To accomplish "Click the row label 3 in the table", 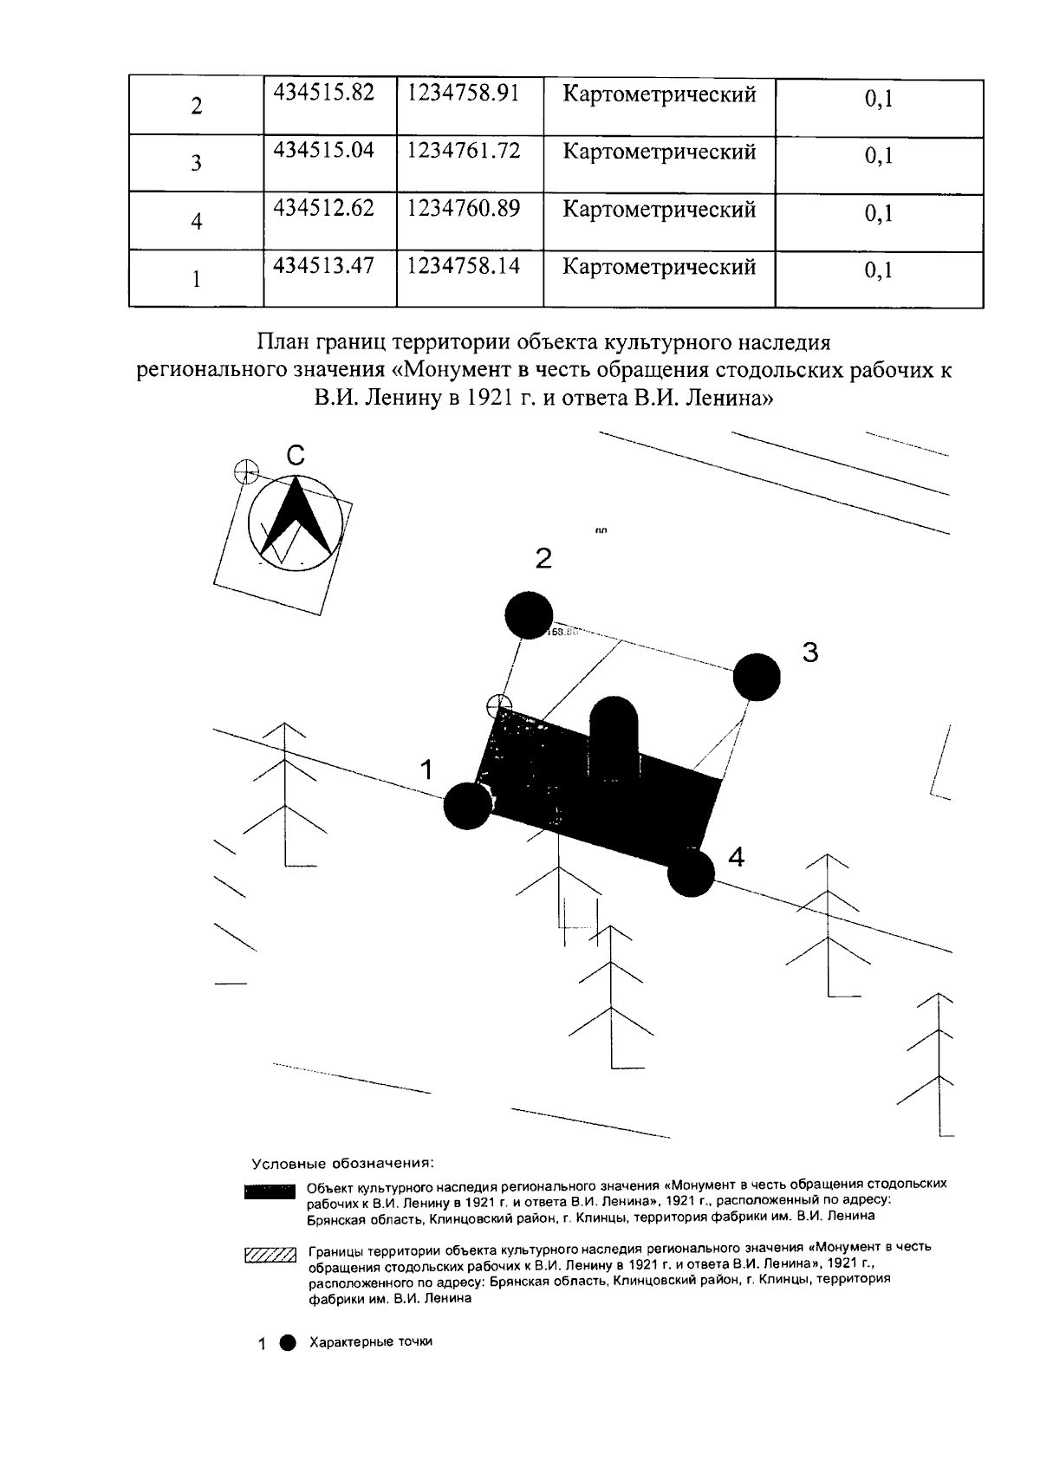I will tap(196, 163).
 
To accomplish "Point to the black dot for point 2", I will tap(529, 615).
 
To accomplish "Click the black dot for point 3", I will tap(757, 677).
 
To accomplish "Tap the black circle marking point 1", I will tap(467, 806).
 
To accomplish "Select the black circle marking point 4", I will tap(691, 873).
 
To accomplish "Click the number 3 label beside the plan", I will tap(809, 653).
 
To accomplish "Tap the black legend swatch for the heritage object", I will tap(270, 1192).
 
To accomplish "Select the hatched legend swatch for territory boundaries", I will tap(270, 1254).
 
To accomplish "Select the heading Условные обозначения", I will tap(342, 1163).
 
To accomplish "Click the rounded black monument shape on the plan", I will tap(614, 735).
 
